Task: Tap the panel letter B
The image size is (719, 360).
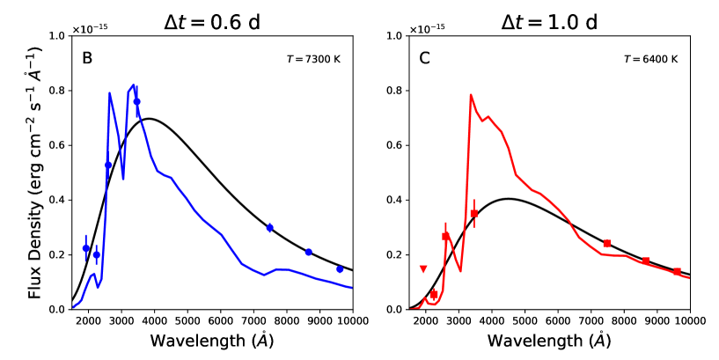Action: coord(87,59)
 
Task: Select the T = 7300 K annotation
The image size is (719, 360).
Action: coord(308,60)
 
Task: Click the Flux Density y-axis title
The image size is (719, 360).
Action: coord(35,173)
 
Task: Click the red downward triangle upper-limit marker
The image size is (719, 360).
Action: coord(423,268)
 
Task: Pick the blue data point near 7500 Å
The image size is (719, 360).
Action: coord(270,228)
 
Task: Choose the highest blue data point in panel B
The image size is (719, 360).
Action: coord(136,101)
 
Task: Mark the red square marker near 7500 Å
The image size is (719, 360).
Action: coord(607,243)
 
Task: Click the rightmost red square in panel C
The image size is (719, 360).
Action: coord(677,271)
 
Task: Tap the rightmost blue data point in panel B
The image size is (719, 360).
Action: coord(340,268)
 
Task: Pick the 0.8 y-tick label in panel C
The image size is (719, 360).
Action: coord(394,91)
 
